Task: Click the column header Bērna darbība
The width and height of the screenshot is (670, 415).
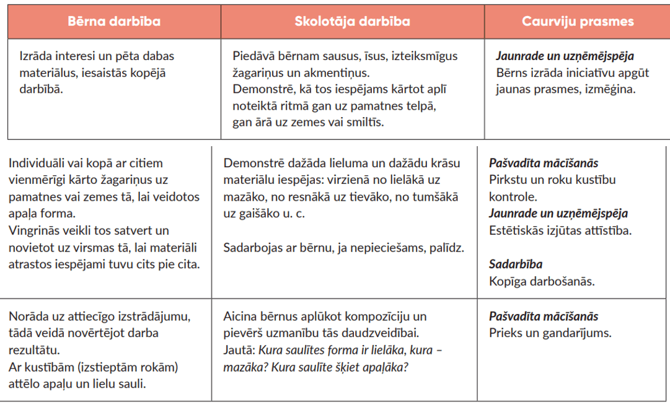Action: point(113,21)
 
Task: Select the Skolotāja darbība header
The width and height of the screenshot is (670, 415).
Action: point(352,21)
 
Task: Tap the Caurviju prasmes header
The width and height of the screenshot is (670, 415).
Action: point(578,21)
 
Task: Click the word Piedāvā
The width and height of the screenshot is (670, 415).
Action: point(253,56)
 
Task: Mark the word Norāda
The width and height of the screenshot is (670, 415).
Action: point(29,317)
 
